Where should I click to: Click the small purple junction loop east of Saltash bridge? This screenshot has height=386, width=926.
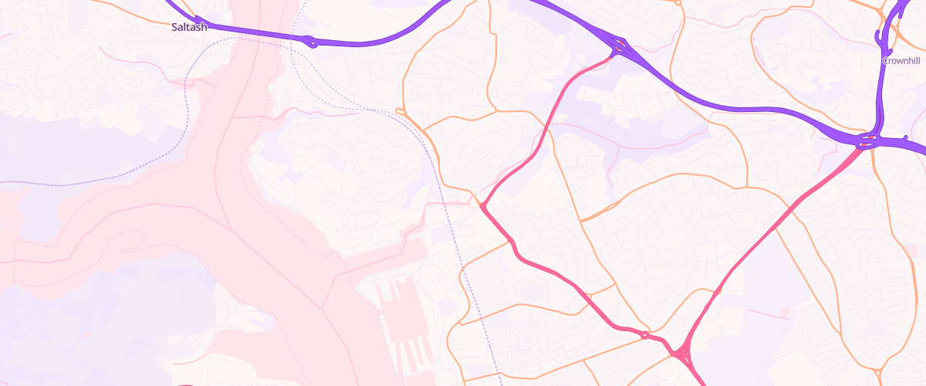click(x=311, y=41)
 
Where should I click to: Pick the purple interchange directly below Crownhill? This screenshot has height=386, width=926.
click(x=868, y=141)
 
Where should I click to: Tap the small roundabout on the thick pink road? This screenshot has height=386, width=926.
click(x=644, y=334)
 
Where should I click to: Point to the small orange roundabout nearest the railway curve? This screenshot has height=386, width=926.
click(x=400, y=112)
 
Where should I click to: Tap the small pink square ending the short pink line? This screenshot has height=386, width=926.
click(x=784, y=312)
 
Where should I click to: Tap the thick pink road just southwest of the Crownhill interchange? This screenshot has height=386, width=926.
click(x=818, y=185)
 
